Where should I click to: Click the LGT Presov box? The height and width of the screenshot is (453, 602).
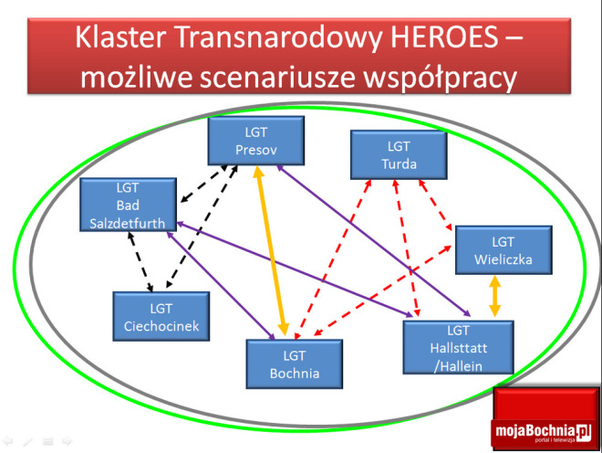(x=254, y=142)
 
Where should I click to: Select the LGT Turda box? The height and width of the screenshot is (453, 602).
(x=399, y=154)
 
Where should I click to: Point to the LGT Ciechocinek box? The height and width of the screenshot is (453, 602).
(x=161, y=317)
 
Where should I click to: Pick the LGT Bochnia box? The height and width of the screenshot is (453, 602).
(x=294, y=363)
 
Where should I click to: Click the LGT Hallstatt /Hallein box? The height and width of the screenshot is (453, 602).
(x=458, y=346)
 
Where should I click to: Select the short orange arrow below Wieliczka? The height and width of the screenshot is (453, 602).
(x=495, y=297)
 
